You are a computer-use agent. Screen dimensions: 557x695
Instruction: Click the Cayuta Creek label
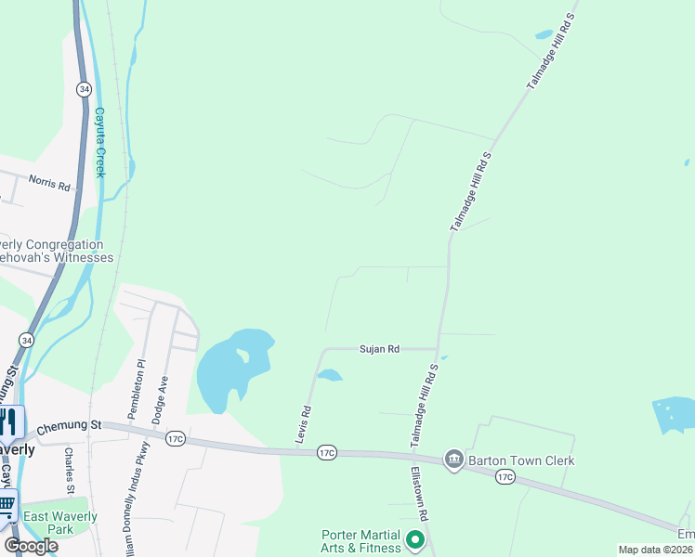coord(99,142)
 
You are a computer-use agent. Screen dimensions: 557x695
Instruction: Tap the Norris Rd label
coord(49,184)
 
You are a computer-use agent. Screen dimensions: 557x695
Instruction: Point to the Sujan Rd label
coord(379,349)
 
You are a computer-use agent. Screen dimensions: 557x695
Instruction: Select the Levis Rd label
coord(305,422)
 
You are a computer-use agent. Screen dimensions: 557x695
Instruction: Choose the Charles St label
coord(70,471)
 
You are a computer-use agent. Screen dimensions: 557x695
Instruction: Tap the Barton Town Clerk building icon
coord(453,460)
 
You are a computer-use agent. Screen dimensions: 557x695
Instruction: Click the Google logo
coord(31,546)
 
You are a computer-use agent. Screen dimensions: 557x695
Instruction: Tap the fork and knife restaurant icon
coord(8,421)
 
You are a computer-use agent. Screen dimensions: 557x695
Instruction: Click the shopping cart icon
coord(7,505)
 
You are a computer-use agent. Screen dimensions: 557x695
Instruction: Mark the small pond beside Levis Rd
coord(329,375)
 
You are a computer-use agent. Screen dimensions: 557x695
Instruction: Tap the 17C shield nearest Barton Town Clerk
coord(505,476)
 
